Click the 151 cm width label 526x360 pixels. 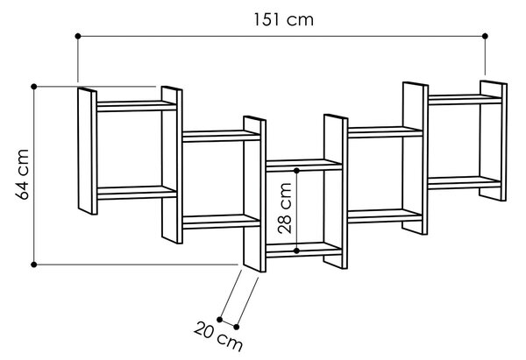click(x=283, y=19)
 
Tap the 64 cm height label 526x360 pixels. click(x=23, y=174)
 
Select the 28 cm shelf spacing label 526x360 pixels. click(x=285, y=208)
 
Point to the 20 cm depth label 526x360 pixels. click(x=218, y=336)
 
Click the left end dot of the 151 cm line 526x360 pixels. click(x=78, y=36)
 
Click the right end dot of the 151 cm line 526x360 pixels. click(x=485, y=36)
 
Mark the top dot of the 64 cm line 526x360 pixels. click(x=34, y=87)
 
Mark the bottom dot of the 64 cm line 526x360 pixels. click(x=34, y=265)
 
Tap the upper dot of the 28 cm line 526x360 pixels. click(x=296, y=171)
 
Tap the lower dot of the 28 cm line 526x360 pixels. click(x=296, y=251)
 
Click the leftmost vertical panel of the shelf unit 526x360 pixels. click(x=88, y=152)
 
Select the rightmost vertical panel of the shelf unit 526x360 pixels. click(x=493, y=141)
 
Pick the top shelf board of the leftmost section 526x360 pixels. click(x=137, y=106)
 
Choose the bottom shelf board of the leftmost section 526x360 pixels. click(x=137, y=193)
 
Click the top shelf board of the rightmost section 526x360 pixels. click(x=465, y=100)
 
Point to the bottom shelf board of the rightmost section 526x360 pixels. click(x=465, y=183)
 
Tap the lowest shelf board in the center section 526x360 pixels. click(x=304, y=250)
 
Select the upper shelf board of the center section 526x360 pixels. click(x=304, y=166)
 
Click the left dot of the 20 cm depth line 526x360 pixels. click(x=220, y=320)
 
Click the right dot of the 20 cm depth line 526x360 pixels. click(x=237, y=327)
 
